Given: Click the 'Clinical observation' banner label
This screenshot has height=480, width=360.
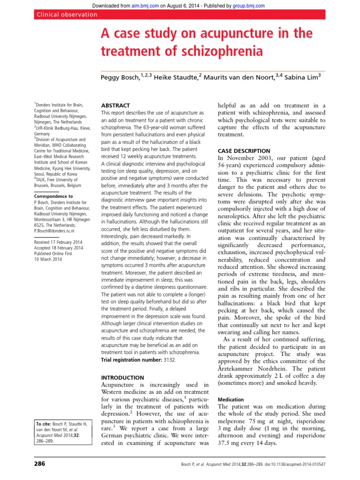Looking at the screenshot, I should coord(67,15).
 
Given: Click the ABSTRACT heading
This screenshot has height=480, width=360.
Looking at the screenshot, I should coord(116,105).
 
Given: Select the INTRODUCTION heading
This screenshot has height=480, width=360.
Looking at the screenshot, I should coord(123,377).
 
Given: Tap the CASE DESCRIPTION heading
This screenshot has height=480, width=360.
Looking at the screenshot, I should coord(244,150).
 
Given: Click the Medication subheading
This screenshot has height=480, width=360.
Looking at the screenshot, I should coord(231,399).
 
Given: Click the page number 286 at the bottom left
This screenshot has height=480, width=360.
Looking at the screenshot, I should coord(41,464).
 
